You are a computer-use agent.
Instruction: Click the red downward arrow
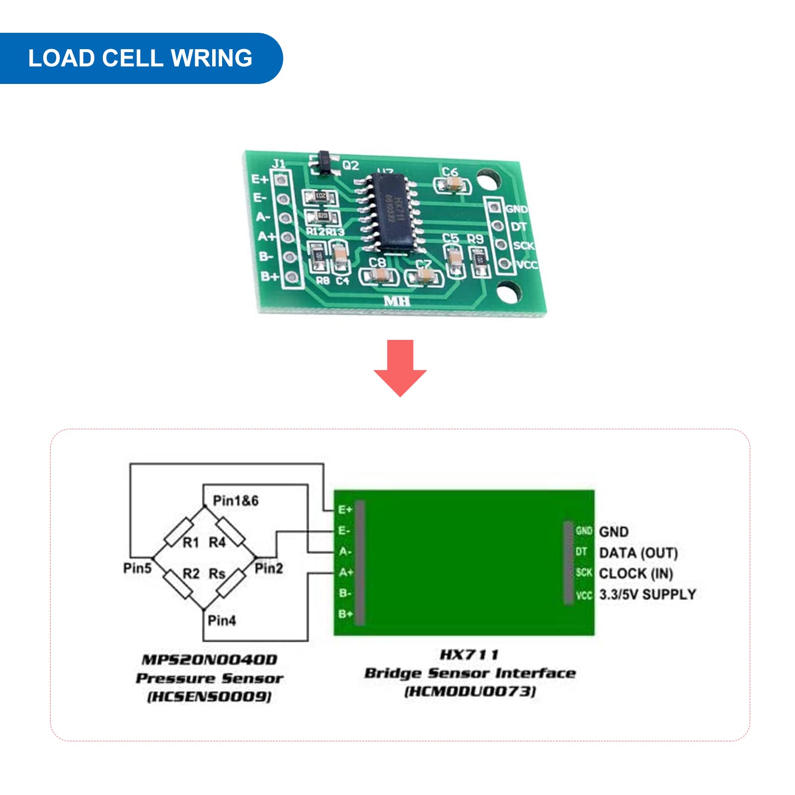pos(400,368)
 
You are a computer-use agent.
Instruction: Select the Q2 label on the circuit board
pos(350,165)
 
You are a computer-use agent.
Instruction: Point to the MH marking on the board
pos(397,301)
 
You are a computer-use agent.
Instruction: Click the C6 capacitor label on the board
pos(450,172)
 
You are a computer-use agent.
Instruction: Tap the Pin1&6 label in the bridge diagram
pos(236,500)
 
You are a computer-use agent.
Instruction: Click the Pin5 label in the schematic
pos(137,568)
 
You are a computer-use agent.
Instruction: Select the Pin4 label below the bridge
pos(222,621)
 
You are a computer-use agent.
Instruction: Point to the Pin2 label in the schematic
pos(268,568)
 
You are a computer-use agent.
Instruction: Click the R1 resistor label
pos(191,543)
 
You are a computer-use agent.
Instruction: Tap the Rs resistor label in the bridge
pos(217,574)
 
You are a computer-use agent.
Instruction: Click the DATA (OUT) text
pos(638,553)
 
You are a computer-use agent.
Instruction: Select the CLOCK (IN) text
pos(636,573)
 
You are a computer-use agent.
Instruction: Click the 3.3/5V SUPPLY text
pos(647,594)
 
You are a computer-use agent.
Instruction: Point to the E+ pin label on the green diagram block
pos(345,510)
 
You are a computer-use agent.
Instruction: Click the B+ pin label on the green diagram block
pos(345,614)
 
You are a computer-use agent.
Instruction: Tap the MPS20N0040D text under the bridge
pos(210,660)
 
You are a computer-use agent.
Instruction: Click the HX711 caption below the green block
pos(469,655)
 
